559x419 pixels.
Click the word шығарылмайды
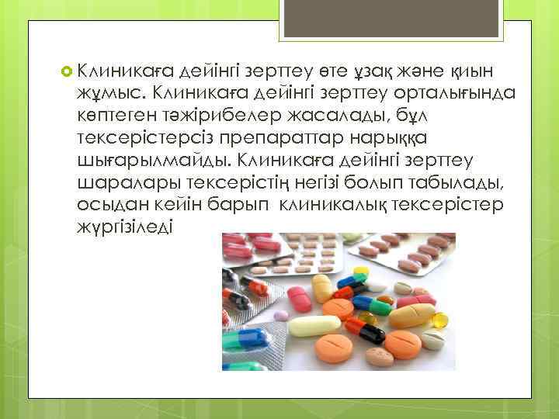tap(155, 163)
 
